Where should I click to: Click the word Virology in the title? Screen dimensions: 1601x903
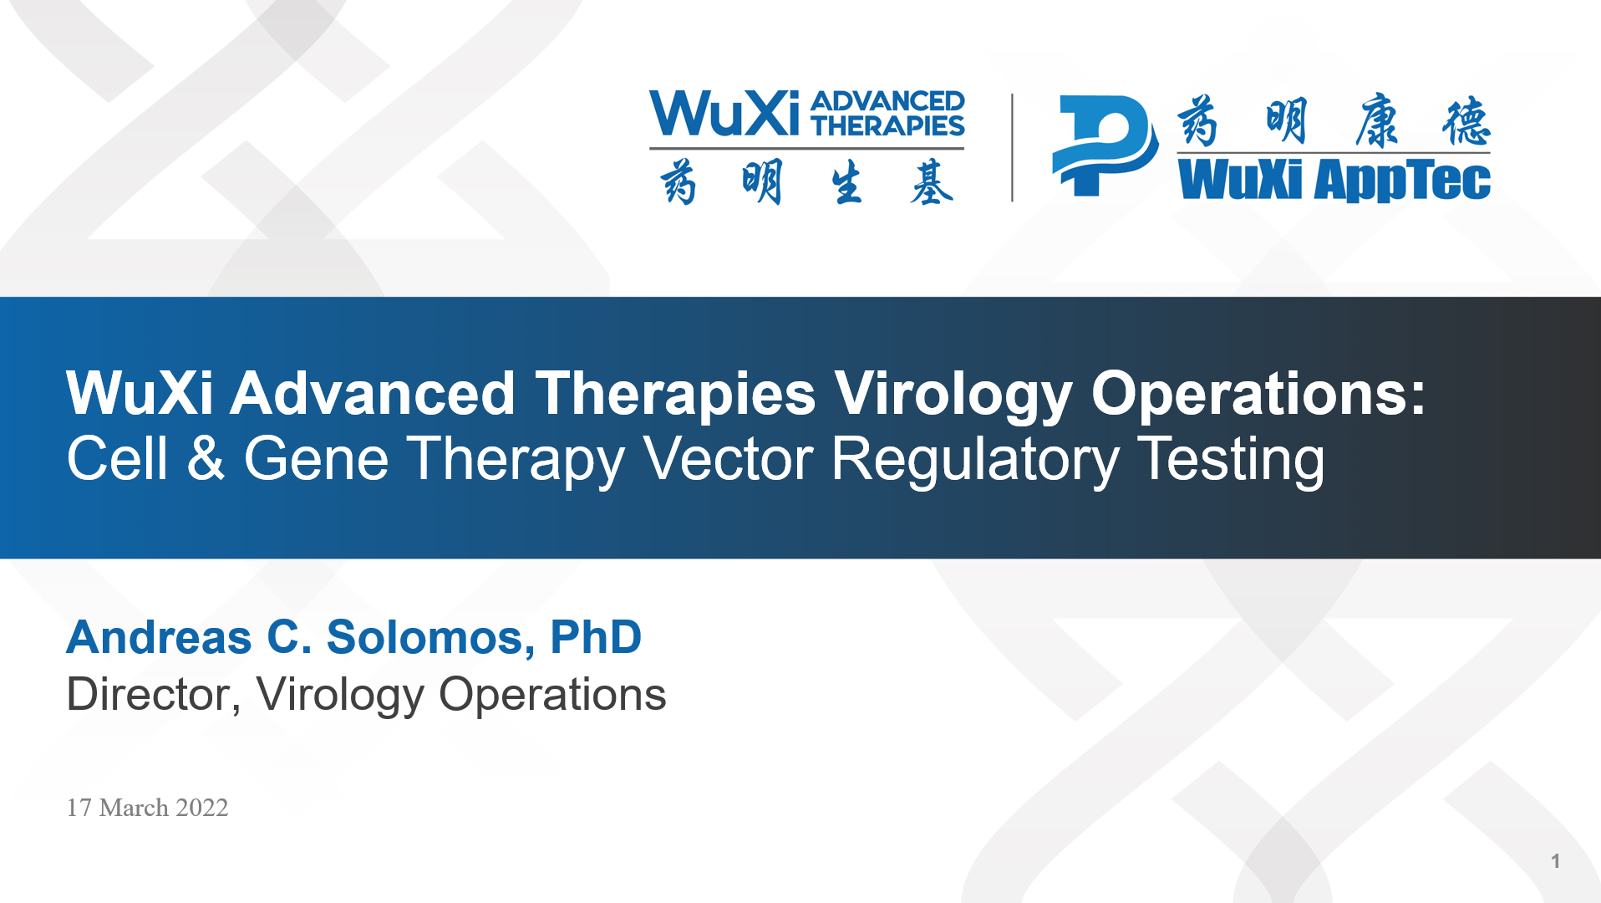coord(953,395)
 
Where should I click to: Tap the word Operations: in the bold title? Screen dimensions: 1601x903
coord(1258,393)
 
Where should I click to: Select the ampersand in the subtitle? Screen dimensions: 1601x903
coord(206,458)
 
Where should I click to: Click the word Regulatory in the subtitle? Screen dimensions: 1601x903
coord(975,460)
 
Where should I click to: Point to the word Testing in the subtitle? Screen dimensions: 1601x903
coord(1231,460)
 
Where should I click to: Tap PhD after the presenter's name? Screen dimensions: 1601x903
coord(596,637)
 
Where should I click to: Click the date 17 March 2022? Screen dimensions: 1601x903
coord(147,808)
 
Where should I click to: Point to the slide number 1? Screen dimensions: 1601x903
coord(1555,861)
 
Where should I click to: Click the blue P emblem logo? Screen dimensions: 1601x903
coord(1105,145)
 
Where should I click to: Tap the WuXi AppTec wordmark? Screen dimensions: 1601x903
coord(1334,181)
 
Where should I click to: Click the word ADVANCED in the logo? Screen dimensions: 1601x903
coord(887,101)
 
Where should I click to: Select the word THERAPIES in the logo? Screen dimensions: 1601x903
coord(887,125)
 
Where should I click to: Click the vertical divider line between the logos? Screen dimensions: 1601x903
coord(1012,147)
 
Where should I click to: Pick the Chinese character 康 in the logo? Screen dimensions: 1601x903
coord(1377,121)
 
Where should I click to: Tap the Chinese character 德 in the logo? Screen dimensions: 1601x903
coord(1466,121)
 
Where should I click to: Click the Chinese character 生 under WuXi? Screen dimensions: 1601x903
coord(846,183)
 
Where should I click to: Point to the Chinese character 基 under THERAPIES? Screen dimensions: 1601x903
coord(932,182)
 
